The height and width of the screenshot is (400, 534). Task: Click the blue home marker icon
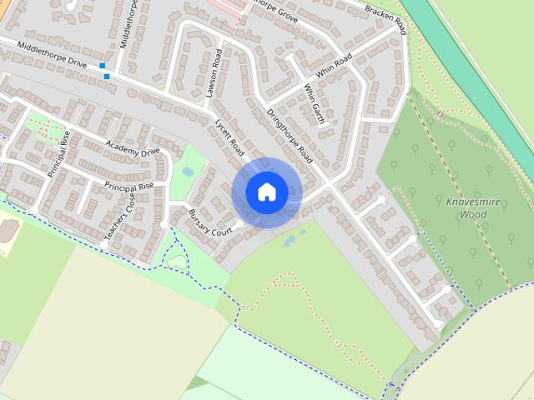pos(266,192)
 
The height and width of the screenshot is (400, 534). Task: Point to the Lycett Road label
pos(229,135)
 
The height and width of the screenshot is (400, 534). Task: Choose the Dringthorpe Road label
pos(288,135)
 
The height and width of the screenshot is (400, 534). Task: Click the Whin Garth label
pos(313,102)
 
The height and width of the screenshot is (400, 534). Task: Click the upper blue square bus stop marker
pos(102,66)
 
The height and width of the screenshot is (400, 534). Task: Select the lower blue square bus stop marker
pos(107,77)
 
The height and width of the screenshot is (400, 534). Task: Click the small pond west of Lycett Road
pos(187,172)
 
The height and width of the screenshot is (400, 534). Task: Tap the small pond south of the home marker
pos(290,242)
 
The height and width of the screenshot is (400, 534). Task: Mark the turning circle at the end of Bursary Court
pos(239,224)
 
